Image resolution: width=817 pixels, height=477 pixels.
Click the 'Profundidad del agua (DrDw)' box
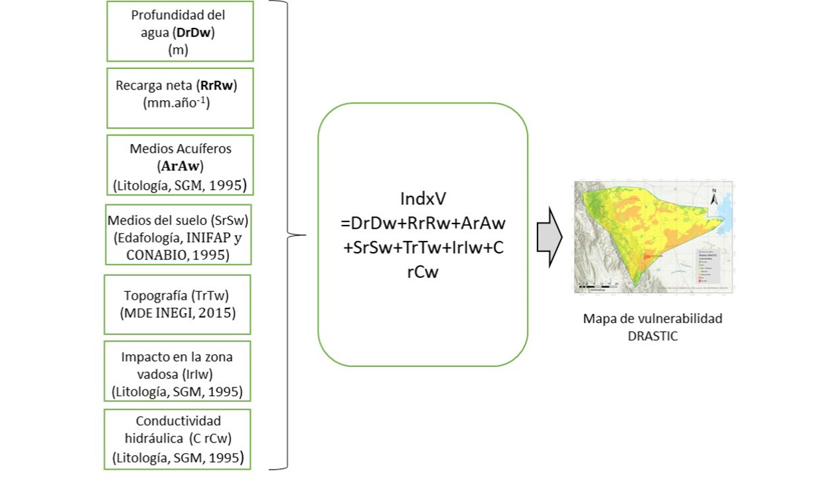click(179, 31)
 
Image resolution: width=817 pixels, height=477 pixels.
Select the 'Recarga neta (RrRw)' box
click(179, 98)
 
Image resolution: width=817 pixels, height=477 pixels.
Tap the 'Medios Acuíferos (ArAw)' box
click(179, 165)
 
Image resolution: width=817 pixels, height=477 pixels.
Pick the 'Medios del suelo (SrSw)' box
click(178, 234)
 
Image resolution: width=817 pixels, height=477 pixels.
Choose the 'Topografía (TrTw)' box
click(177, 304)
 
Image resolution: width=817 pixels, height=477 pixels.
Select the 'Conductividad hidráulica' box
click(177, 439)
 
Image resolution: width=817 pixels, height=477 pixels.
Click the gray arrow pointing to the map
click(549, 236)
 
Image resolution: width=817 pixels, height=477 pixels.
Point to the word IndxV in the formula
click(423, 198)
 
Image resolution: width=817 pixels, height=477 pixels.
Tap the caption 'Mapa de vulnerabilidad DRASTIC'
click(652, 326)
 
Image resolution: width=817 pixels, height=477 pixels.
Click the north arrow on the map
click(715, 197)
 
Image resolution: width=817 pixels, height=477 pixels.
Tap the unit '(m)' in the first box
click(178, 49)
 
